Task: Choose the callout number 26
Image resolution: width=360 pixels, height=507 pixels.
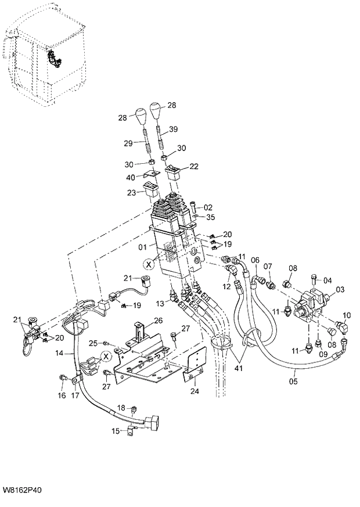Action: [x=157, y=320]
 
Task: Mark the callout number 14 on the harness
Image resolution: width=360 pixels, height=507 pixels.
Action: [x=60, y=353]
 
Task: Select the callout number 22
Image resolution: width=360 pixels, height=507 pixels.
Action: [x=193, y=166]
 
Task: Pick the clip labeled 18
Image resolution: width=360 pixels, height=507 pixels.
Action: [x=134, y=409]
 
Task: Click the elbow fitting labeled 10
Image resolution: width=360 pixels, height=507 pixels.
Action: [x=339, y=328]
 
